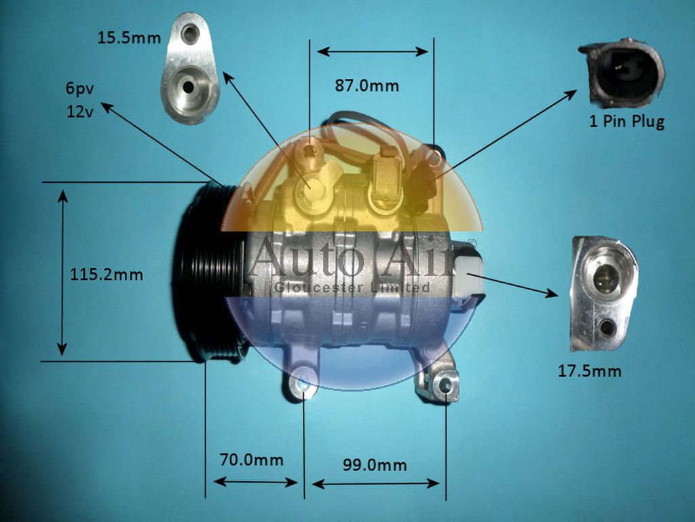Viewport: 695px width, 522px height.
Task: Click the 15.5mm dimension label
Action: [129, 37]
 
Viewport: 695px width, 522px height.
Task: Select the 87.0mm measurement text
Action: [367, 86]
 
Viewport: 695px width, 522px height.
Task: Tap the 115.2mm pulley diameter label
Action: [107, 275]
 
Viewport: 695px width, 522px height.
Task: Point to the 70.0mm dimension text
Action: [251, 459]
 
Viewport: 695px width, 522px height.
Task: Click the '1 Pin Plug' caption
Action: [625, 122]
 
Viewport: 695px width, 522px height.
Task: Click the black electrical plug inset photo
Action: [621, 73]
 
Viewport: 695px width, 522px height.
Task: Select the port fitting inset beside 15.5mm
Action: [191, 68]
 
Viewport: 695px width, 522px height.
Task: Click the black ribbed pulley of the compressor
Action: [207, 272]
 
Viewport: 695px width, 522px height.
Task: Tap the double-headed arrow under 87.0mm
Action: [373, 52]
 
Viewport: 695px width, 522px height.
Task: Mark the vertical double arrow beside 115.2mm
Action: [62, 272]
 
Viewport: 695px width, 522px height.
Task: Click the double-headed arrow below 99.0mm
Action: [375, 484]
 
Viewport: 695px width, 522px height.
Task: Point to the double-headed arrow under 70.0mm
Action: [255, 482]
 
